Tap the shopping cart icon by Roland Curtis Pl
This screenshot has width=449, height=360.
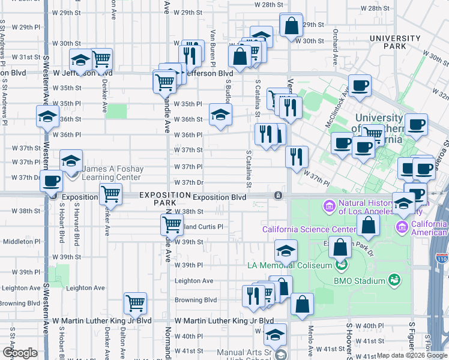(x=172, y=224)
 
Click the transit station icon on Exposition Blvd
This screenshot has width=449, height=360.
(x=278, y=196)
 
